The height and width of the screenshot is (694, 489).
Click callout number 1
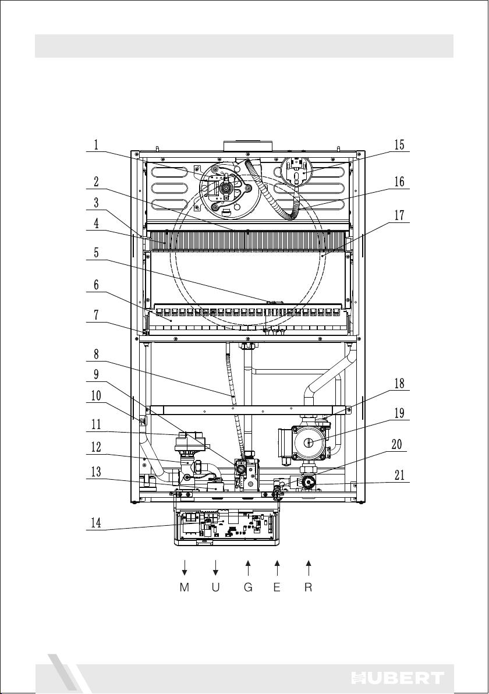pyautogui.click(x=95, y=145)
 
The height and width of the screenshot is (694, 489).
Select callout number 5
pyautogui.click(x=95, y=252)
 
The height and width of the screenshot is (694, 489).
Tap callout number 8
pyautogui.click(x=95, y=354)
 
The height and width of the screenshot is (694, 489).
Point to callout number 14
pyautogui.click(x=96, y=523)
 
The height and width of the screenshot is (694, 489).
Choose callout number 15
pyautogui.click(x=399, y=145)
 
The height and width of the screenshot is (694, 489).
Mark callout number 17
pyautogui.click(x=399, y=215)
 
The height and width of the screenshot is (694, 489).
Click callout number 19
pyautogui.click(x=399, y=413)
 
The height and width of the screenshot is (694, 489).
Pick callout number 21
pyautogui.click(x=399, y=475)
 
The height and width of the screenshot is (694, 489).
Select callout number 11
pyautogui.click(x=96, y=425)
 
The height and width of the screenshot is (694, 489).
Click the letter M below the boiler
pyautogui.click(x=185, y=587)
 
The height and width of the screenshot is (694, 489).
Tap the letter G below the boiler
pyautogui.click(x=248, y=587)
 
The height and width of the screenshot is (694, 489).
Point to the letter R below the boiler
pyautogui.click(x=309, y=587)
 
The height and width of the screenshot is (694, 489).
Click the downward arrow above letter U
pyautogui.click(x=215, y=568)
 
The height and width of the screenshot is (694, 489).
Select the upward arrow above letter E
pyautogui.click(x=277, y=568)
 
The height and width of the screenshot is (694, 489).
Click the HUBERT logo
pyautogui.click(x=398, y=677)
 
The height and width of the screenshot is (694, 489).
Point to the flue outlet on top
pyautogui.click(x=248, y=146)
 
